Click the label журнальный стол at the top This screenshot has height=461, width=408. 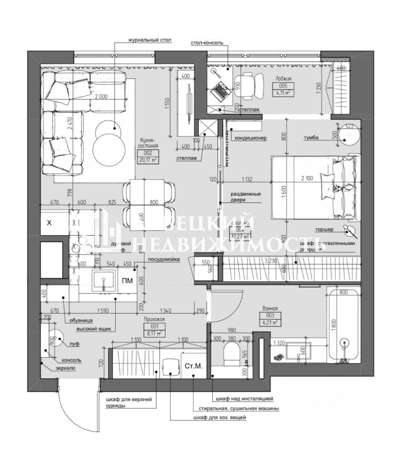149,40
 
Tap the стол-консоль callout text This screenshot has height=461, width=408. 207,43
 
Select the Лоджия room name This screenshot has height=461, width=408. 283,78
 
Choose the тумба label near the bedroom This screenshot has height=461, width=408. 311,138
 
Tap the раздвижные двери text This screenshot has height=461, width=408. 245,197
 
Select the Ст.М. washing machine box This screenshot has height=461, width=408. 193,366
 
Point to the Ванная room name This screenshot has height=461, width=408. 271,309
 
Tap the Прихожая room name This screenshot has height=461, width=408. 154,318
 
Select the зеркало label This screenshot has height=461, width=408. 65,368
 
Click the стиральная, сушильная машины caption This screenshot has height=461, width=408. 236,408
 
